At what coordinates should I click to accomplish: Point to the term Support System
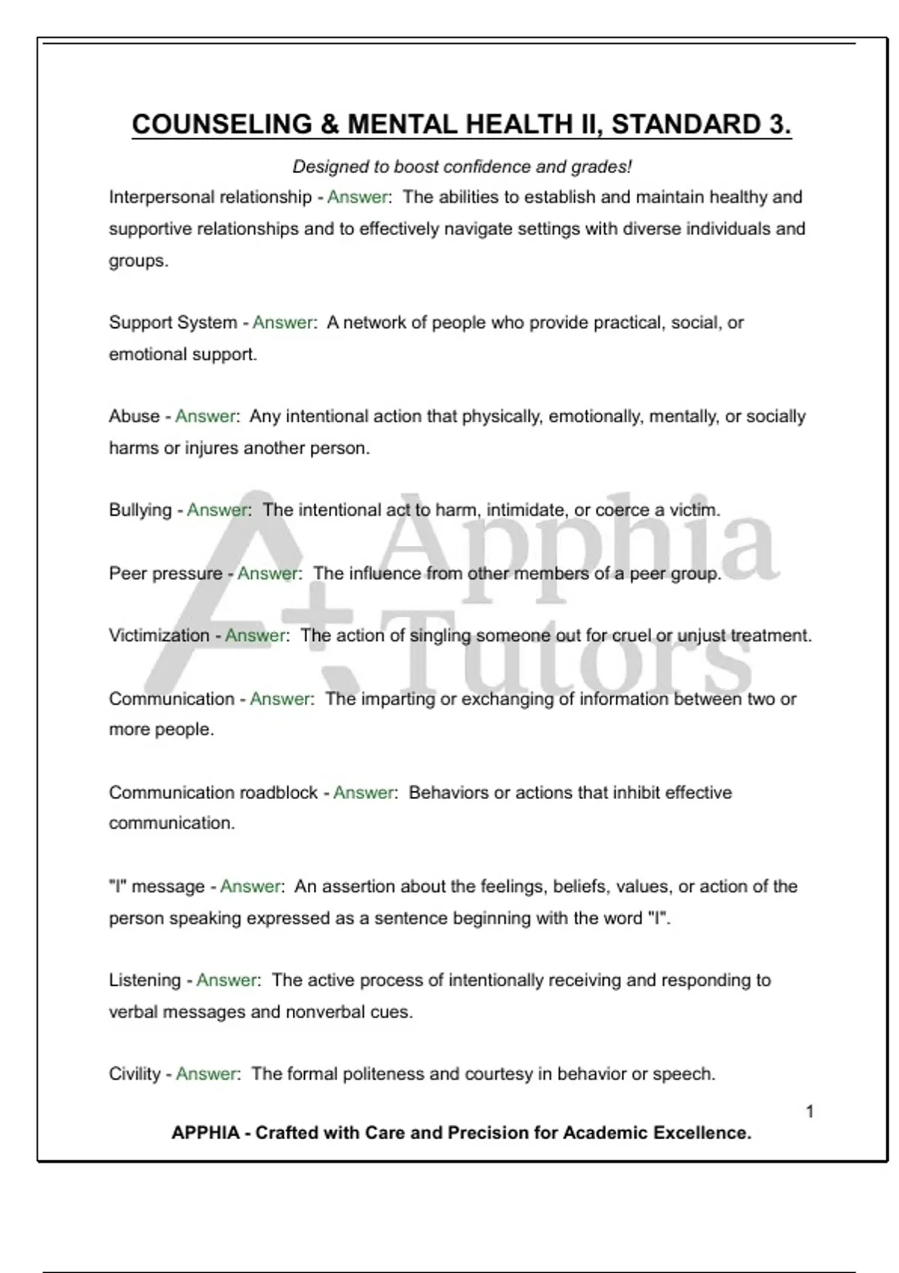(x=173, y=323)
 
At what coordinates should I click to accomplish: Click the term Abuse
(x=134, y=416)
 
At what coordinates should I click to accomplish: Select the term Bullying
(x=140, y=510)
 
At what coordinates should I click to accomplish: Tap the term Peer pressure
(x=166, y=574)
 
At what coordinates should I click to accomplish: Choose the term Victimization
(x=159, y=636)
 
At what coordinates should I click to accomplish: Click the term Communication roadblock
(x=214, y=792)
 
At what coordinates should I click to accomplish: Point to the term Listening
(x=145, y=980)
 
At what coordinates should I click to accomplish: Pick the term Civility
(x=135, y=1074)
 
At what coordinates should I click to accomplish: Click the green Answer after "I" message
(x=250, y=887)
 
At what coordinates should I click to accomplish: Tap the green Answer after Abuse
(x=205, y=416)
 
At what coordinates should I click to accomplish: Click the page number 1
(x=810, y=1111)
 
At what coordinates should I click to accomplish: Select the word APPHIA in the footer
(x=205, y=1133)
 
